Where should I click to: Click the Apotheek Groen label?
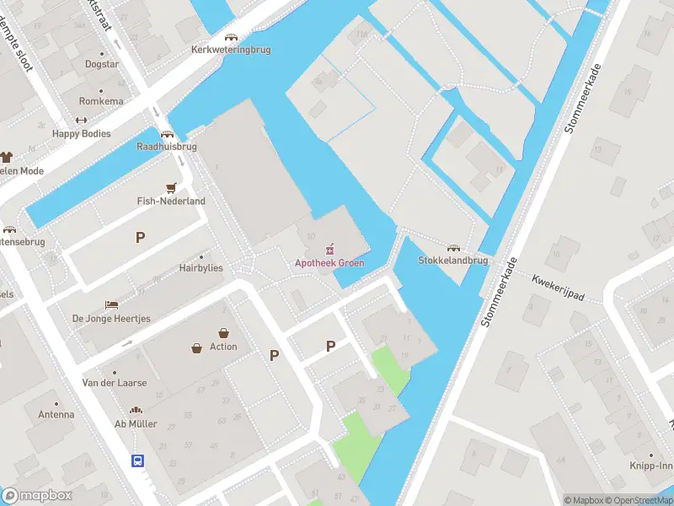click(329, 263)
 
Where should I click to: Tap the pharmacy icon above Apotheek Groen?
click(330, 249)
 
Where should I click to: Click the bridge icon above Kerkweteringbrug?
click(230, 37)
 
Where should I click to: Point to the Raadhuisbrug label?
click(167, 146)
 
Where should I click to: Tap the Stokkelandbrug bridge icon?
click(454, 248)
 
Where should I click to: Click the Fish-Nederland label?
click(171, 202)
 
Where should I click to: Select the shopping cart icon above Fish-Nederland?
click(172, 188)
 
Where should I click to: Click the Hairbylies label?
click(201, 267)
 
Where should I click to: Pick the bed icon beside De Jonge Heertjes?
click(111, 304)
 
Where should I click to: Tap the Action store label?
click(223, 347)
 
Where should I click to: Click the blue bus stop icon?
click(136, 460)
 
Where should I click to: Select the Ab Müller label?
click(136, 423)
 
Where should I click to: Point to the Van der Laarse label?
click(114, 383)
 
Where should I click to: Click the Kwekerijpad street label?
click(557, 288)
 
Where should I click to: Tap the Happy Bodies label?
click(81, 133)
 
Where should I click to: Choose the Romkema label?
click(101, 101)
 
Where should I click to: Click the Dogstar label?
click(101, 64)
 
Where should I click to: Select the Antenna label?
click(56, 414)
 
